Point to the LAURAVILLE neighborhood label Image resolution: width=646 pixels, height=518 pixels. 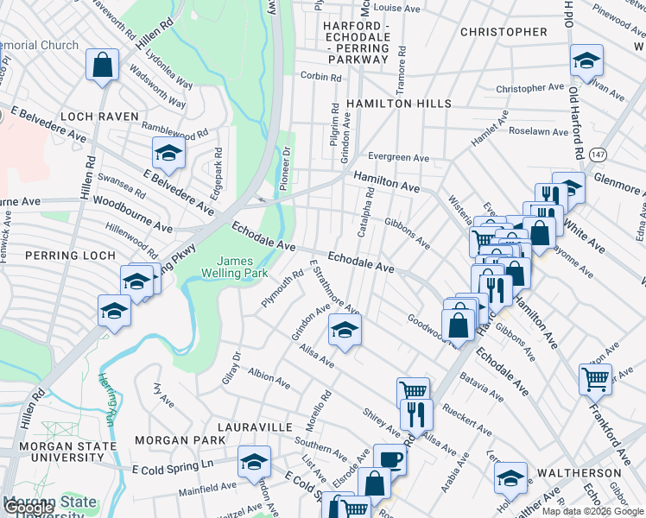(256, 427)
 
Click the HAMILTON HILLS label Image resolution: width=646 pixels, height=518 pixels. (398, 104)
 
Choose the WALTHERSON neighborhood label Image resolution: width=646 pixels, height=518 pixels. (576, 474)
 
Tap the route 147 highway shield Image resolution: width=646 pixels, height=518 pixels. (598, 153)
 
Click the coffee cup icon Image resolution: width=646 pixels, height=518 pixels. (389, 458)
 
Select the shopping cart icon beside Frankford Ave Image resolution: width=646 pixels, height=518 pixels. (595, 377)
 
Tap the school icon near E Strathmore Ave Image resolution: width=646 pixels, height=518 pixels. (345, 330)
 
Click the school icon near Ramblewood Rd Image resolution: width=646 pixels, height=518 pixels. (168, 153)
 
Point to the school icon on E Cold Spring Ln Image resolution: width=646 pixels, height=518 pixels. (254, 461)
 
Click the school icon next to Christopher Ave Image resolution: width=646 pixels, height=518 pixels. (586, 60)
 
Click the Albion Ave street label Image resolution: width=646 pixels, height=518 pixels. (269, 377)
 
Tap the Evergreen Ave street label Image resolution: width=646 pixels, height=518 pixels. (398, 158)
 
